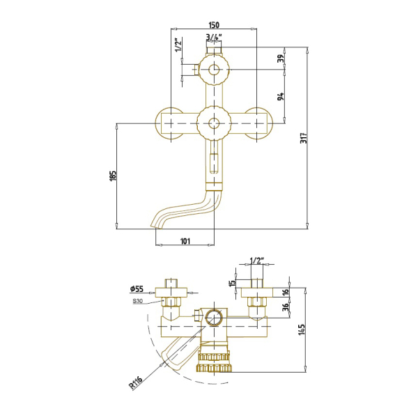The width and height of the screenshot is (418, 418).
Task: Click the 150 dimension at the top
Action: [214, 25]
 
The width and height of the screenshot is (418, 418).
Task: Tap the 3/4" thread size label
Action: [214, 38]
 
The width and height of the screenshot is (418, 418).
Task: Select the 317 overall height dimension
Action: [304, 138]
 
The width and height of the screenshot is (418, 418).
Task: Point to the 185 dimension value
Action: [113, 176]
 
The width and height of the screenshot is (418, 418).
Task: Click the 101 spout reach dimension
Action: [185, 241]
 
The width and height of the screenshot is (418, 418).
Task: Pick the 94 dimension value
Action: [281, 96]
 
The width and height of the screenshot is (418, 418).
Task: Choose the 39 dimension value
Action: [281, 58]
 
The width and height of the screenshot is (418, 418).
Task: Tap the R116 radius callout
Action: [136, 382]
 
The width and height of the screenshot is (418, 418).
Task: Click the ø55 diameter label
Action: [137, 288]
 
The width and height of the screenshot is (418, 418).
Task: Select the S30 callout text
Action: [137, 301]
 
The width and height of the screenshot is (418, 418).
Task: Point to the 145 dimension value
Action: [302, 330]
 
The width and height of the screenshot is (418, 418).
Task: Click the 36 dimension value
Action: [286, 307]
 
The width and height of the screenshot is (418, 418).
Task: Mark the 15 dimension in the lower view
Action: [233, 282]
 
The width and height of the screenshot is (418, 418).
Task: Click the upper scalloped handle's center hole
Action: [214, 70]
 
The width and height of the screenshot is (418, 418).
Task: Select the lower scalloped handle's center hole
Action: [214, 123]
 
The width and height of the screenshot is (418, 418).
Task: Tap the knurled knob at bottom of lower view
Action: [215, 362]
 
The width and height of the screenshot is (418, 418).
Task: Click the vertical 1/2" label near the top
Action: [178, 45]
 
